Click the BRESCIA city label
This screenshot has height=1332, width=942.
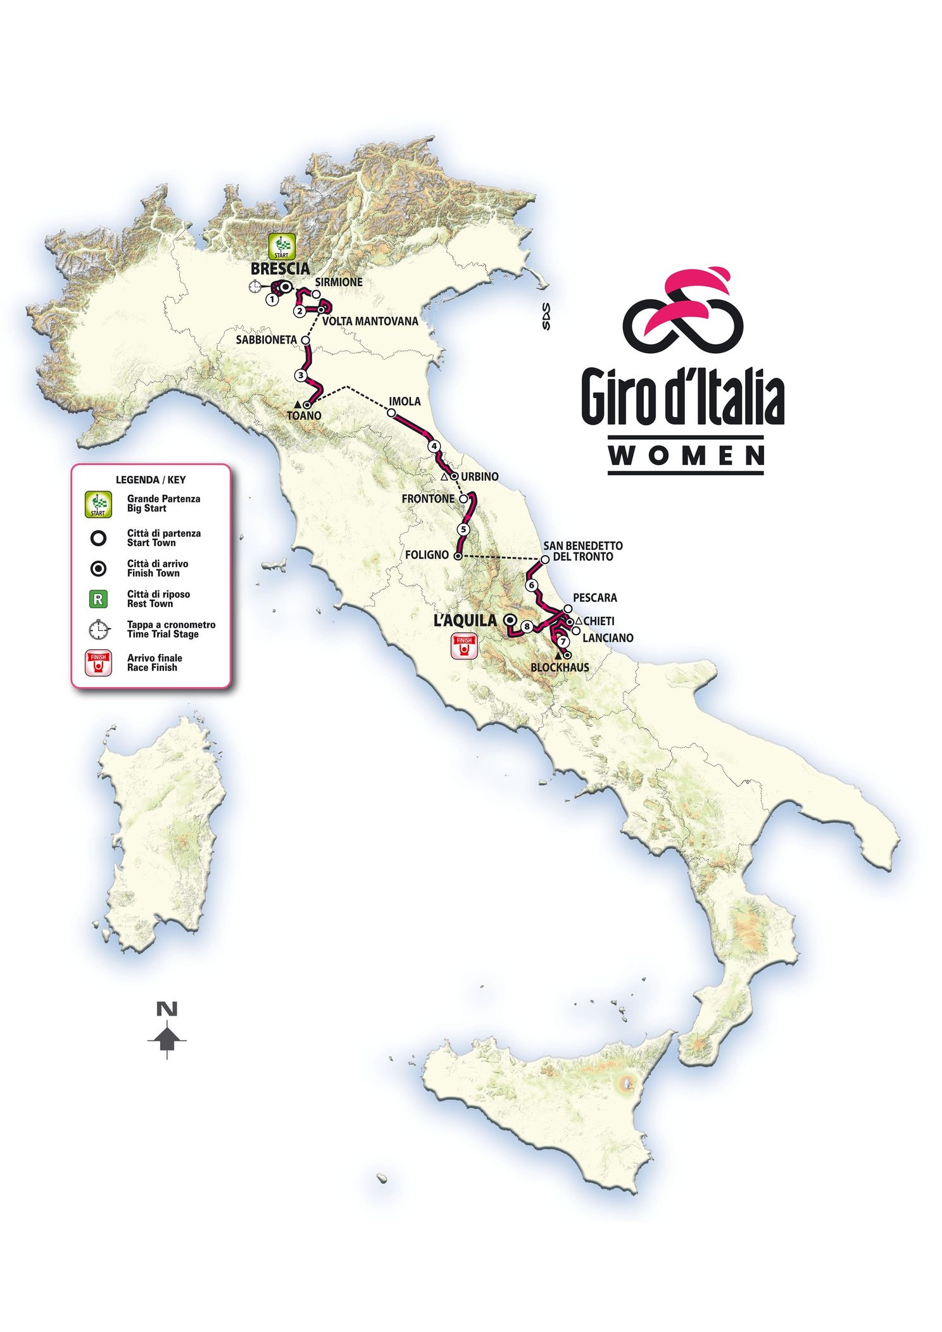[280, 268]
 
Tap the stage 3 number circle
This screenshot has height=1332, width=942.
[301, 375]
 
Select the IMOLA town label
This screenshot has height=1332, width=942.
[405, 401]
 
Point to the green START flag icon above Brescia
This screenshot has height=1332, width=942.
[281, 246]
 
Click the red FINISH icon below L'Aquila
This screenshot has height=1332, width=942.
[464, 647]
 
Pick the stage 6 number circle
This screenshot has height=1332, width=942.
[532, 585]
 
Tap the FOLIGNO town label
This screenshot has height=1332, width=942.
[427, 555]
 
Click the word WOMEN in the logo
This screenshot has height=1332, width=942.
[686, 456]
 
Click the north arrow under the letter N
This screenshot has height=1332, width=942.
[167, 1038]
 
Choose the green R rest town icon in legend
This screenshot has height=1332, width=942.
[99, 599]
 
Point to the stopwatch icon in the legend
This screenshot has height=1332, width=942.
[99, 630]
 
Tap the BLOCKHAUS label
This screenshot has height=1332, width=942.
[560, 667]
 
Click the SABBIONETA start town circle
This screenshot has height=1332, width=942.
[306, 340]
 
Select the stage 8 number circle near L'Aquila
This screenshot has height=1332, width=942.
[527, 626]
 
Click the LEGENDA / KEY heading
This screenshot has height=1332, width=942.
[151, 480]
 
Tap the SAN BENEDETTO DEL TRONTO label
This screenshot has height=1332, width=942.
[582, 551]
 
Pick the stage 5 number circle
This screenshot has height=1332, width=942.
[464, 529]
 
